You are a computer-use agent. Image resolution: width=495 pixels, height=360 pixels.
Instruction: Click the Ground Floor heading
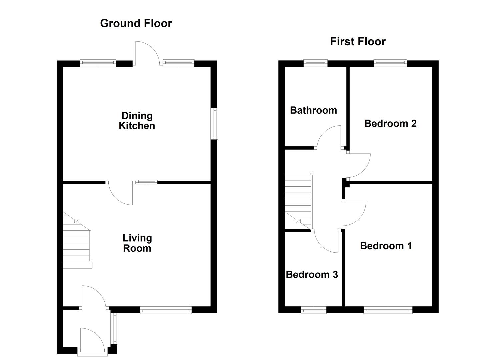136,23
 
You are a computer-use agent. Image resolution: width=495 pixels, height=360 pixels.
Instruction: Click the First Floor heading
358,42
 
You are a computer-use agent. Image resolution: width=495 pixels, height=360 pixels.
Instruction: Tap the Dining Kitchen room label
137,121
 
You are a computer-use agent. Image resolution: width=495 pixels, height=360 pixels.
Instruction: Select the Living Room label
137,243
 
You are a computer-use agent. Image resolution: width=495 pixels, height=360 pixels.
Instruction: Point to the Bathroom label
313,110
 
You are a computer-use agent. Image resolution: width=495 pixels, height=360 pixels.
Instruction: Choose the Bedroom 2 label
390,123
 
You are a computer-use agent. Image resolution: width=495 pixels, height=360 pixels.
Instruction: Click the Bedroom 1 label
386,246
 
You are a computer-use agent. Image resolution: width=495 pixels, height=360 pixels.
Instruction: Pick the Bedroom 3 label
312,274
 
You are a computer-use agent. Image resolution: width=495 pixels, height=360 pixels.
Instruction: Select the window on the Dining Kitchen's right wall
214,124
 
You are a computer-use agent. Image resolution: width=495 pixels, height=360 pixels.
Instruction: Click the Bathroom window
315,63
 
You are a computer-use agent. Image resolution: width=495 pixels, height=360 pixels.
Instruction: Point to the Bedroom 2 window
390,63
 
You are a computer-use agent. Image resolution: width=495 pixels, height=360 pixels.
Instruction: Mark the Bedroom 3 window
314,310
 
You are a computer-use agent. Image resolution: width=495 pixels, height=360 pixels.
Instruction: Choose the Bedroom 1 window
388,310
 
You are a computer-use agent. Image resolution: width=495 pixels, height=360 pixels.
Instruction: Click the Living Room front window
166,310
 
